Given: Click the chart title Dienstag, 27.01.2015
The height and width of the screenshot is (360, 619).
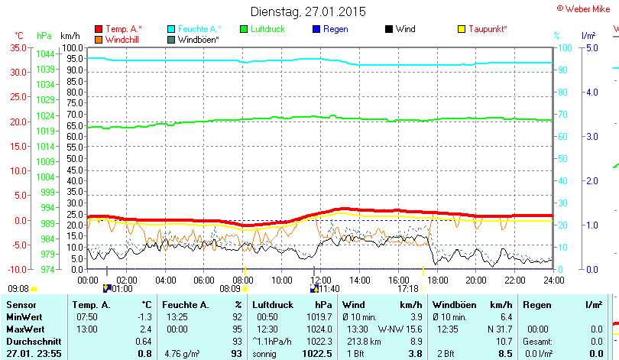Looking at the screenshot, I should point(308,11).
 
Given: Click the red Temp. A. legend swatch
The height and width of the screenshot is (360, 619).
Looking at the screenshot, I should point(99,29).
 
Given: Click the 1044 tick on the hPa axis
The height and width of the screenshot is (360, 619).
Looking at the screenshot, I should point(45,54).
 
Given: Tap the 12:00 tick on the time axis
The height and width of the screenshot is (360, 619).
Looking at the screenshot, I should point(321,281).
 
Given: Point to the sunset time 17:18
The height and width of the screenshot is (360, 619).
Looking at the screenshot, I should point(407,289).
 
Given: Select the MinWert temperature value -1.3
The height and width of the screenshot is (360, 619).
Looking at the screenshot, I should point(144,316).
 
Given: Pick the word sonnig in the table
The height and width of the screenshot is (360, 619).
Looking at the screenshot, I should point(265,354).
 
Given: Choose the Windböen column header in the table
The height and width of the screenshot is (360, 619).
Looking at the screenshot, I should point(454,305).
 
